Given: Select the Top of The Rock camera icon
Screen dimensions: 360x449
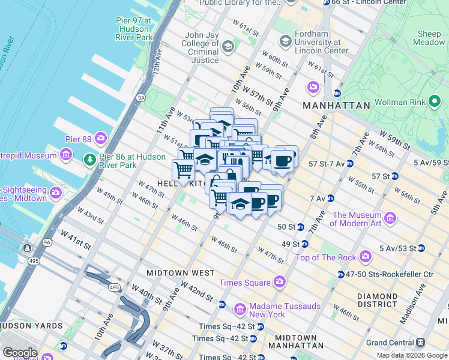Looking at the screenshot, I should [365, 257].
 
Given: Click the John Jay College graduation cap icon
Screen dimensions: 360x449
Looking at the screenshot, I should [228, 46].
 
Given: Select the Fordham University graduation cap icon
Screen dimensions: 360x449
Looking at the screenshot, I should [285, 41].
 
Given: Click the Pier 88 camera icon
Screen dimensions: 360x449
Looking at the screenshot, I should [100, 139].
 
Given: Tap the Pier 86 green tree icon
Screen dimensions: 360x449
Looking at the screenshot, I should [89, 159].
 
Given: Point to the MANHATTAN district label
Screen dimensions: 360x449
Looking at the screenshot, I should [337, 106].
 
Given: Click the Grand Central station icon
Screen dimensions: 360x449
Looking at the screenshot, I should [420, 343].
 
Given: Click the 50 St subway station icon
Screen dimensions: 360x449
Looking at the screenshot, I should [301, 227].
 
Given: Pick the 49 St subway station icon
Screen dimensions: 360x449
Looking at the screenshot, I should [304, 244].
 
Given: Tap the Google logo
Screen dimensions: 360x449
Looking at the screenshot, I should [20, 352].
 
